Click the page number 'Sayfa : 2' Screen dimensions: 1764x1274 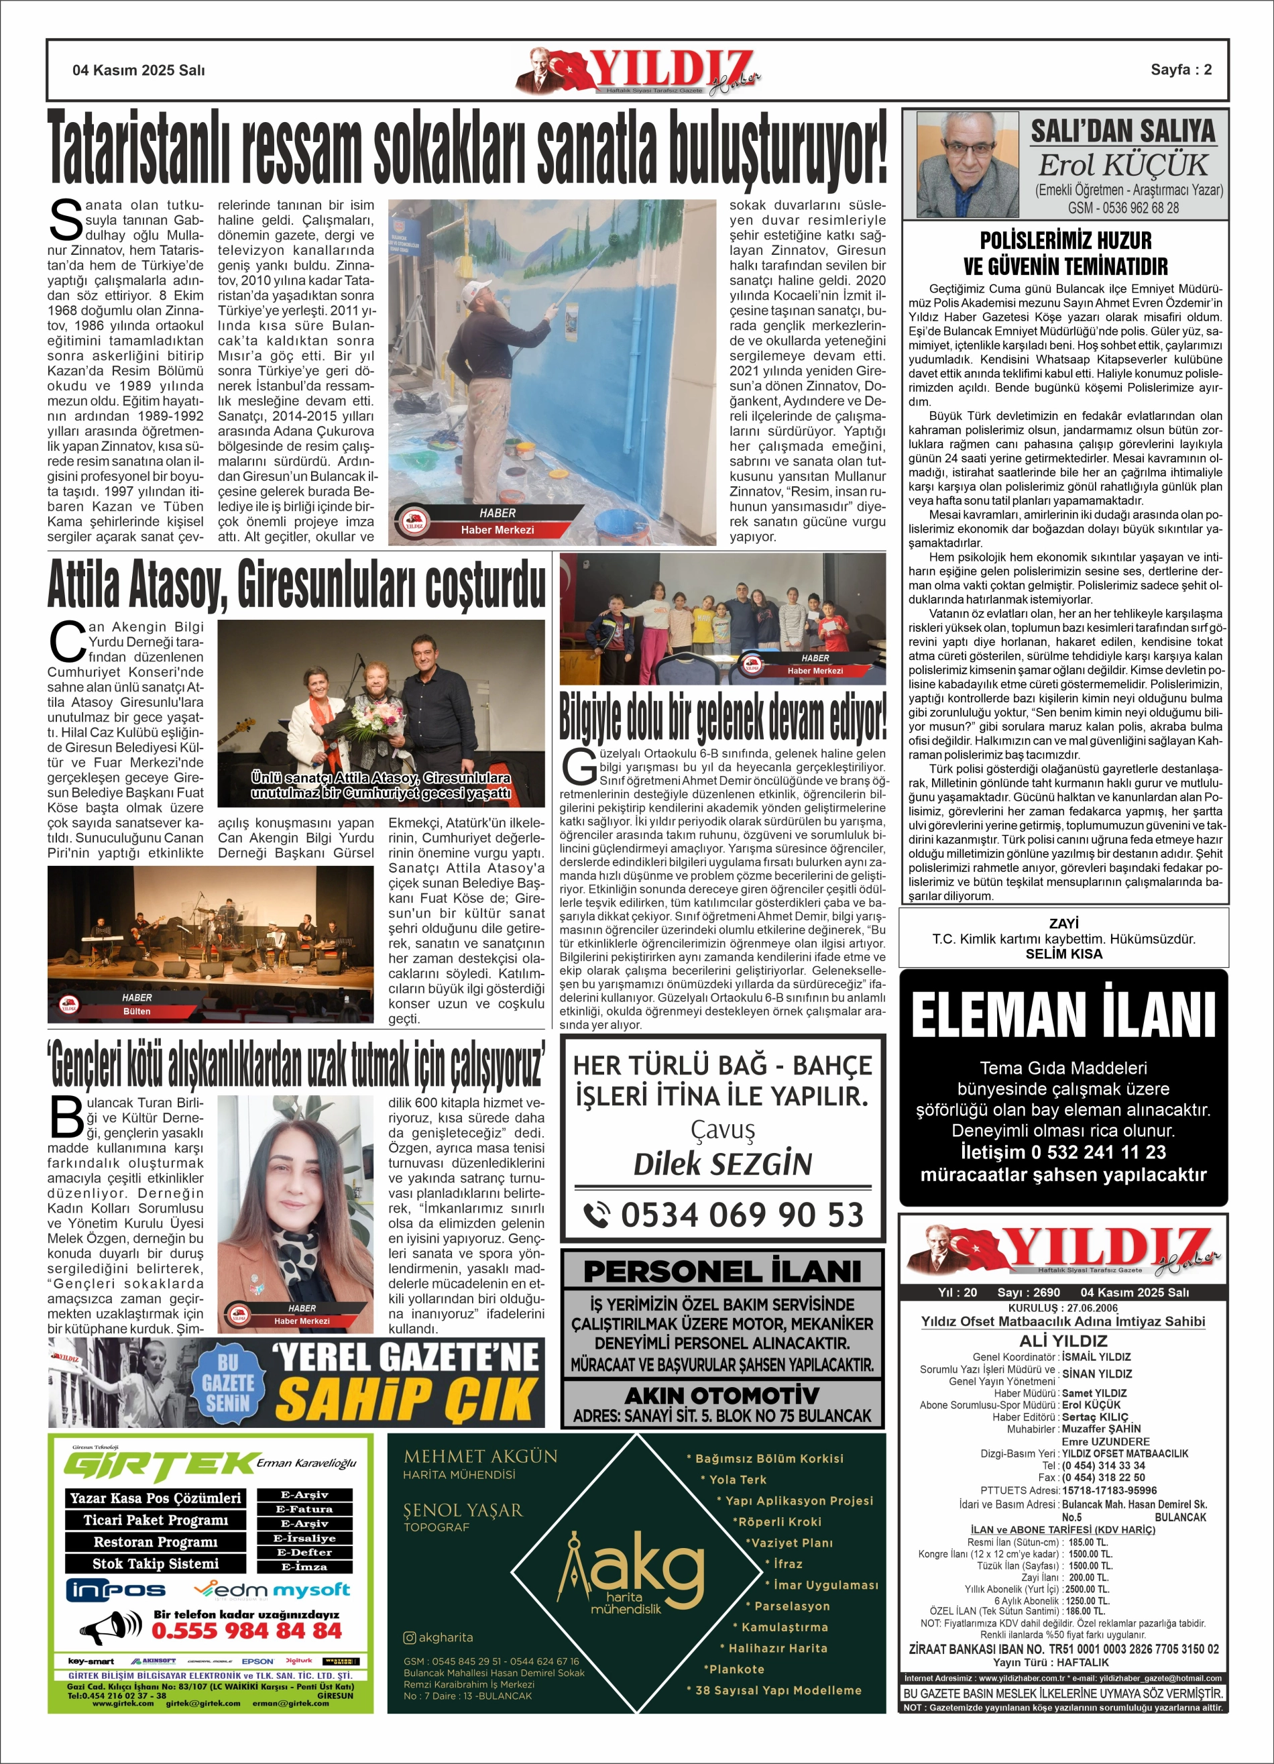1181,70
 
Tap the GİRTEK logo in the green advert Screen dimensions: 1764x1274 160,1467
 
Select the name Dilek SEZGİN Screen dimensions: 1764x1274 723,1164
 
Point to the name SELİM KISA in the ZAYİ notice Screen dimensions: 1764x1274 1063,954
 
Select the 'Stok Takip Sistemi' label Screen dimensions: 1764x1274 156,1563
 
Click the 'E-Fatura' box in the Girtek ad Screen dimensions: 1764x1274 305,1509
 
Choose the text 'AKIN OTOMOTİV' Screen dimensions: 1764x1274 721,1394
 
